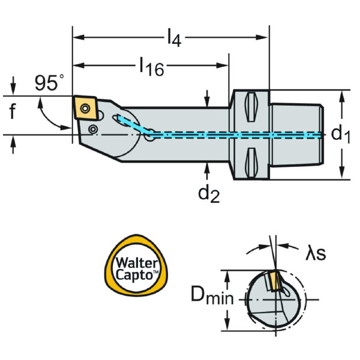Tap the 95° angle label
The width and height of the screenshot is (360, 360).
[49, 83]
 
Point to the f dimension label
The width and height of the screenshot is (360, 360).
[13, 112]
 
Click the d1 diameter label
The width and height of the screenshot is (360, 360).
[340, 134]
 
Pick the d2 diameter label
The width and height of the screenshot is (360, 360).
[209, 193]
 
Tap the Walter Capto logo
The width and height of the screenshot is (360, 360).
[137, 268]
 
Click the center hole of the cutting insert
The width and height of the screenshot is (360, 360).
[85, 108]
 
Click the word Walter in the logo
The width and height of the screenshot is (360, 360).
[136, 262]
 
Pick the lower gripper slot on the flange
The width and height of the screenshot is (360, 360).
[250, 162]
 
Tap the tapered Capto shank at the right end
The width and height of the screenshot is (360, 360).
[296, 135]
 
